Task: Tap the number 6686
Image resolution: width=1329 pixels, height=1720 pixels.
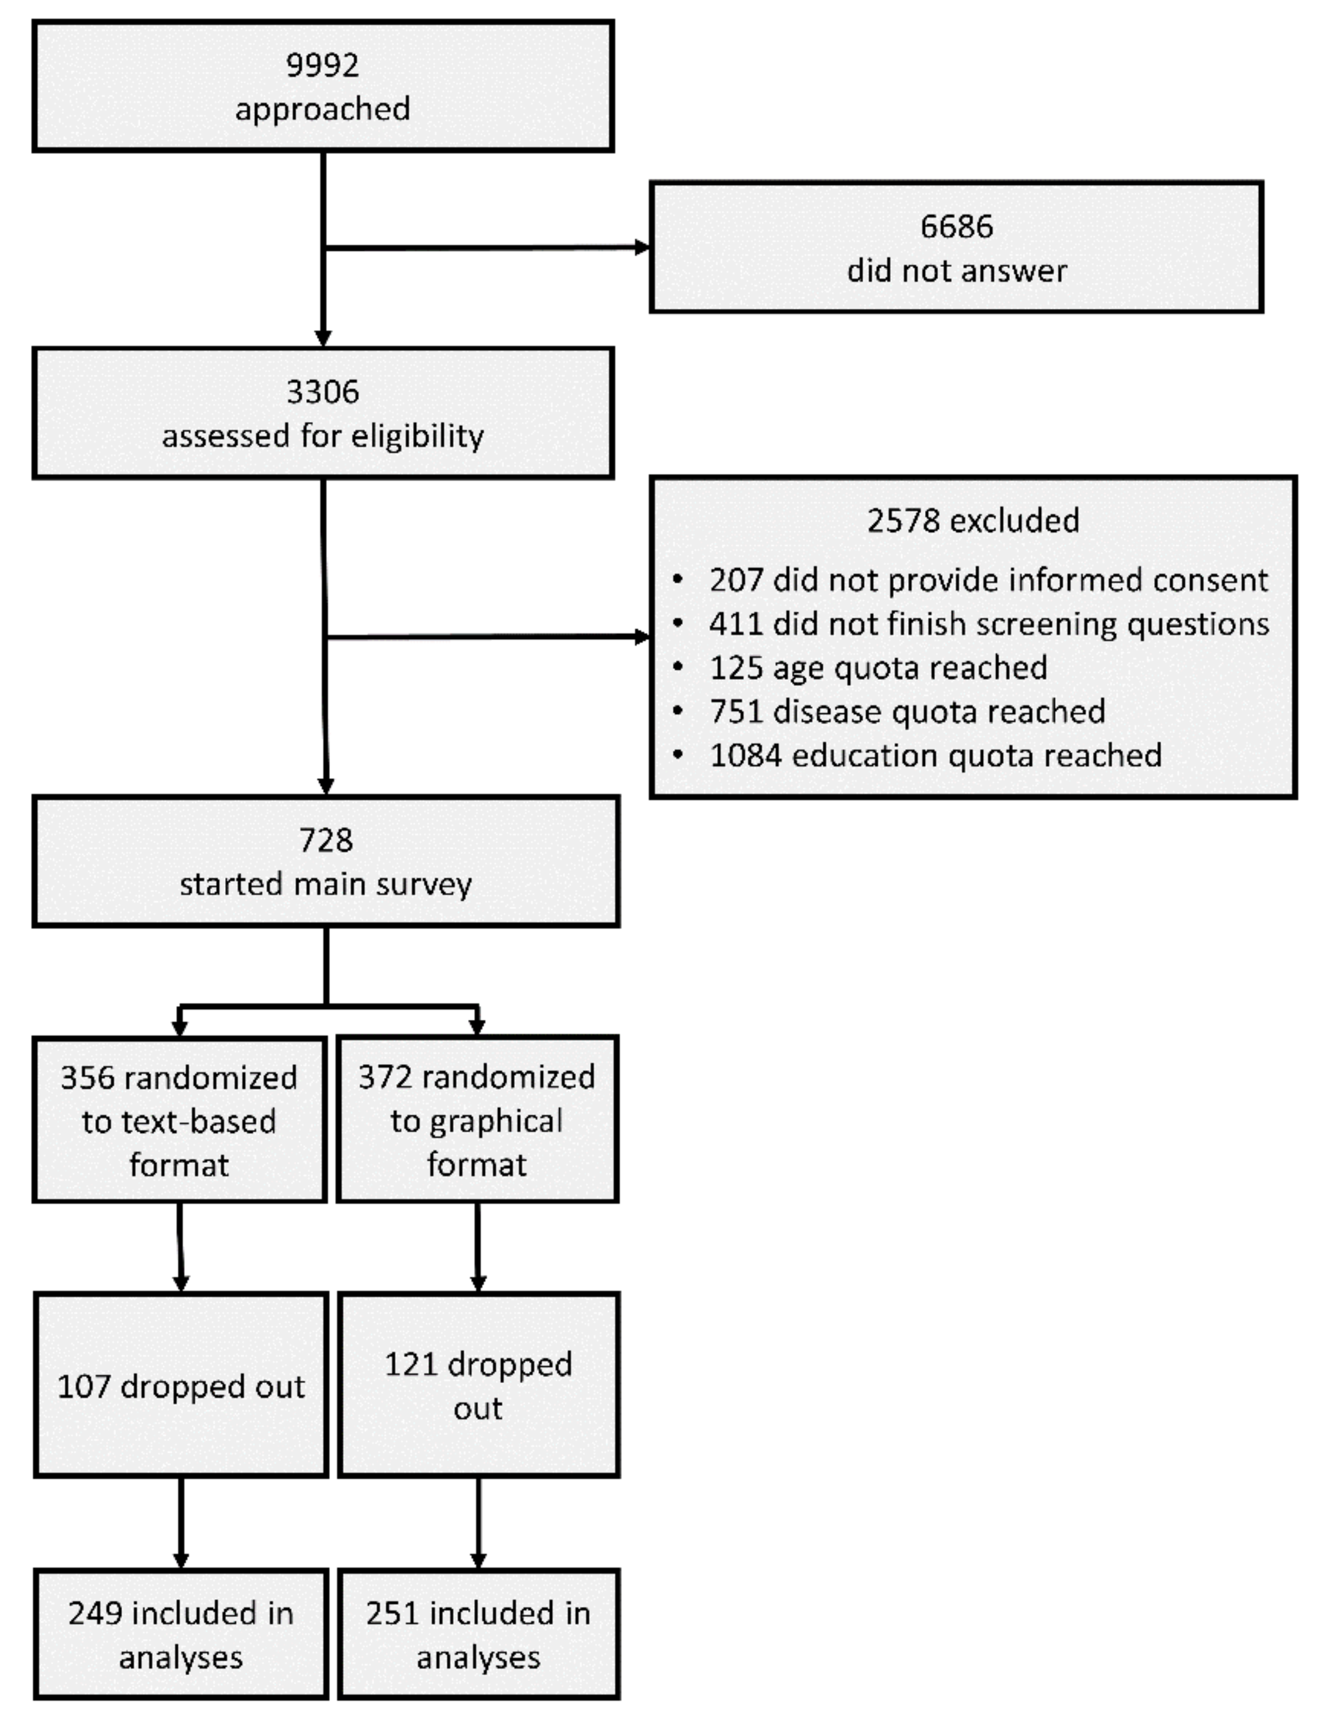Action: coord(957,227)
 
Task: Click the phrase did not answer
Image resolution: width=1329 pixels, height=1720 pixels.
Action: coord(957,271)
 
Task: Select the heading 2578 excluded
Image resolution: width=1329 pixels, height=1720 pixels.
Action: coord(973,521)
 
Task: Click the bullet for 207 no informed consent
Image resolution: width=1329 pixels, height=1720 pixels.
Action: coord(678,581)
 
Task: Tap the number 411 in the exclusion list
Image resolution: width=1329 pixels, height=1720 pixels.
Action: coord(736,624)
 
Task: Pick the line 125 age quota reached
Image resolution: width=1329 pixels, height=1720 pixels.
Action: coord(878,668)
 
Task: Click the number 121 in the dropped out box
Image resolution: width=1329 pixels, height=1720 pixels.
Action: coord(409,1365)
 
